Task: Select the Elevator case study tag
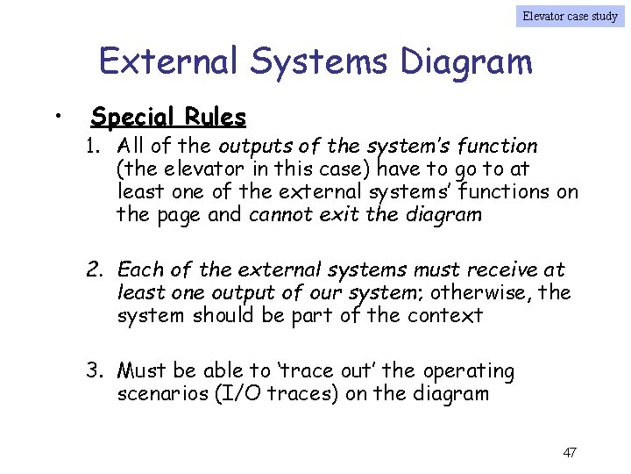pos(570,15)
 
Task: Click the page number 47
pos(570,453)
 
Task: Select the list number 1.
pos(93,146)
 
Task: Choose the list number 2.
pos(95,269)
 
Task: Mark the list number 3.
pos(95,370)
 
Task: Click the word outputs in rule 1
pos(249,146)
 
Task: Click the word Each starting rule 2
pos(138,269)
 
